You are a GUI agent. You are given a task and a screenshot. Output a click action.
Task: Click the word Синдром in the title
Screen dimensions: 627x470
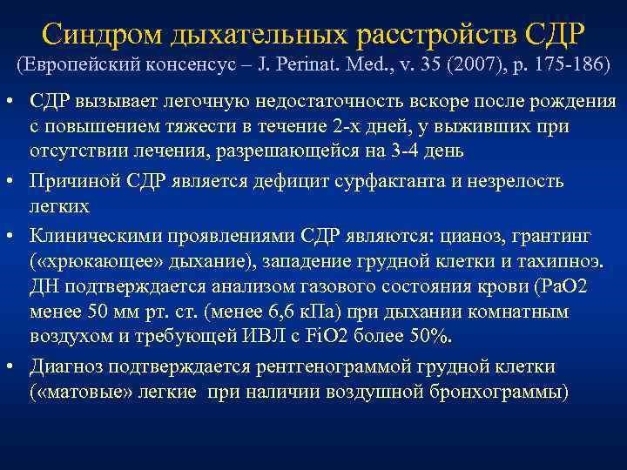point(102,35)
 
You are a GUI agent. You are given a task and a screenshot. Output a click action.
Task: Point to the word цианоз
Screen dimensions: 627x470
point(470,237)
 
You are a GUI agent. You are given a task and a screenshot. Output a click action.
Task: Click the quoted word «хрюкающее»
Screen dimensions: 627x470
point(97,262)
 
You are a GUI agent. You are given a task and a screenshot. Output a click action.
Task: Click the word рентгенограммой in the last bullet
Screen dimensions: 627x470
point(333,367)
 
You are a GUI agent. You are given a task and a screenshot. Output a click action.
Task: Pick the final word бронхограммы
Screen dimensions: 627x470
point(499,392)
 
